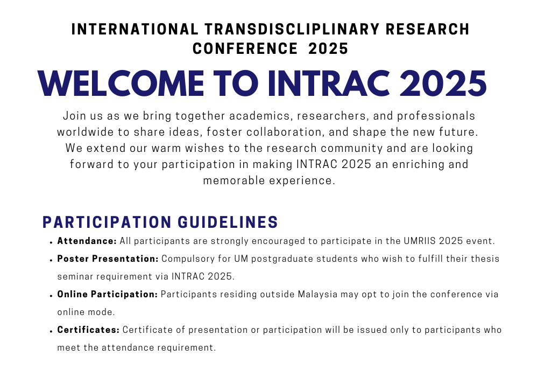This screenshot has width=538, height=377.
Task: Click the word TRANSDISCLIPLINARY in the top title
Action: [x=292, y=29]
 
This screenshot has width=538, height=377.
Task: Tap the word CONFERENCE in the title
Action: [x=245, y=48]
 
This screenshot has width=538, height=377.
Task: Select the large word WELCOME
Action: [x=121, y=83]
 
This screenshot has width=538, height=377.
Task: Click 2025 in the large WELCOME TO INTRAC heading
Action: [x=443, y=83]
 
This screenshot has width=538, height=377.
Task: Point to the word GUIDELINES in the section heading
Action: [x=228, y=222]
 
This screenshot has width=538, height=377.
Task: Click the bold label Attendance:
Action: [x=87, y=241]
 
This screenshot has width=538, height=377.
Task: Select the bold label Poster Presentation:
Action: [x=108, y=259]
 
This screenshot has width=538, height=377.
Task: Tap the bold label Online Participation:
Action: [x=108, y=294]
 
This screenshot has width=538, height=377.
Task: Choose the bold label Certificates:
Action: [x=88, y=330]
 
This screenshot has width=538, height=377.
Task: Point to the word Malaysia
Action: [x=318, y=295]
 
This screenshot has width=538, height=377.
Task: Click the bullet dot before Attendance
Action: [x=51, y=242]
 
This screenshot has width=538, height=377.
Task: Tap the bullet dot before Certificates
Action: [x=51, y=331]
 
